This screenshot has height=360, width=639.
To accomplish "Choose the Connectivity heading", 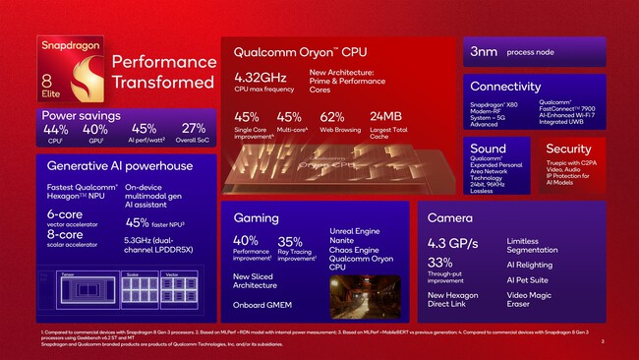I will tap(505, 86).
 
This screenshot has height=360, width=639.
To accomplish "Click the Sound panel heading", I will tap(488, 149).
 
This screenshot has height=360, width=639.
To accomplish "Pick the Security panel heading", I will tap(568, 149).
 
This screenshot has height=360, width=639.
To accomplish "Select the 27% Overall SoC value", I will tap(194, 129).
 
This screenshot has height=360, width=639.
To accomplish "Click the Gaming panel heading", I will tap(255, 216).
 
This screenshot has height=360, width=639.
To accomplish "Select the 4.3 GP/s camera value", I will tap(456, 241).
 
